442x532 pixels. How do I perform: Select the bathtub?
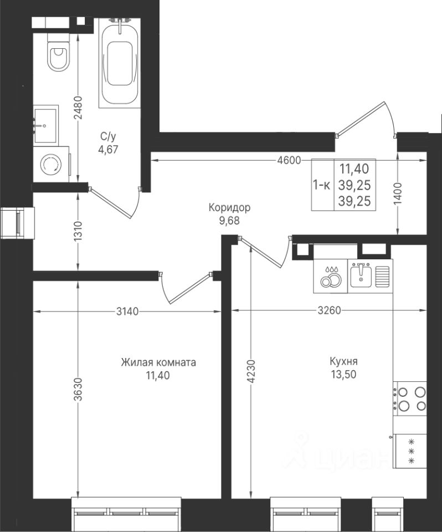pyautogui.click(x=120, y=63)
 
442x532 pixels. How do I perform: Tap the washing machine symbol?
pyautogui.click(x=51, y=165)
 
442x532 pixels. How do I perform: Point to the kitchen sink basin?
pyautogui.click(x=361, y=274)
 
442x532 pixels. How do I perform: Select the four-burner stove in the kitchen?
pyautogui.click(x=410, y=399)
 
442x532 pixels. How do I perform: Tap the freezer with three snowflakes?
pyautogui.click(x=410, y=451)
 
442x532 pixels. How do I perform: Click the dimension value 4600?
pyautogui.click(x=289, y=160)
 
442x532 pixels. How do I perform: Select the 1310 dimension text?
pyautogui.click(x=78, y=231)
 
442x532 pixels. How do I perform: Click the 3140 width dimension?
pyautogui.click(x=127, y=311)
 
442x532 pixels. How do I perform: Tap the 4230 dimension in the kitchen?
pyautogui.click(x=251, y=371)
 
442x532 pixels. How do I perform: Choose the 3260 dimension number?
pyautogui.click(x=329, y=310)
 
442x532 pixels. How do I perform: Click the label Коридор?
pyautogui.click(x=229, y=207)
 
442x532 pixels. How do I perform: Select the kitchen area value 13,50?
pyautogui.click(x=343, y=375)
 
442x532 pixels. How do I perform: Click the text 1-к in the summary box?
pyautogui.click(x=321, y=185)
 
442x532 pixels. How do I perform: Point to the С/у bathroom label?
pyautogui.click(x=108, y=137)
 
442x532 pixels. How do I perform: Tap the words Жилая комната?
pyautogui.click(x=158, y=362)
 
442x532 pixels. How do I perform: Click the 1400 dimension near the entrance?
pyautogui.click(x=398, y=193)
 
